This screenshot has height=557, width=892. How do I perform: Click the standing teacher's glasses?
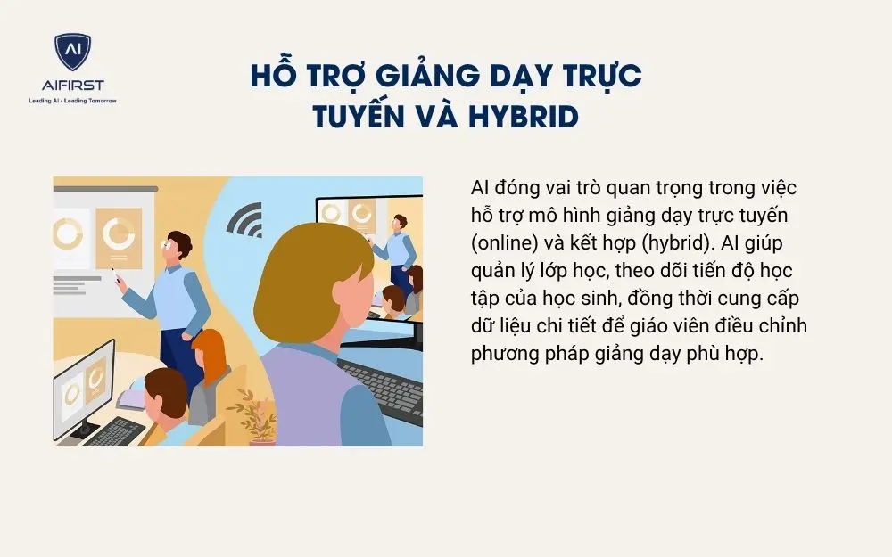(x=168, y=243)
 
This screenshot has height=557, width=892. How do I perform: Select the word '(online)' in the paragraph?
(x=502, y=243)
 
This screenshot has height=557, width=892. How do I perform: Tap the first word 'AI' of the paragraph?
(x=480, y=189)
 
